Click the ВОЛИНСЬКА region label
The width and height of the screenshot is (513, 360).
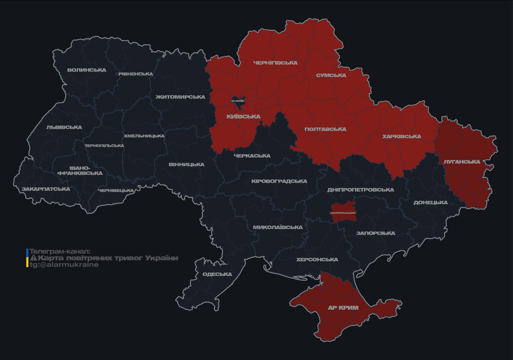click(x=87, y=70)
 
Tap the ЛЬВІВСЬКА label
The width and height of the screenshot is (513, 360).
click(x=64, y=127)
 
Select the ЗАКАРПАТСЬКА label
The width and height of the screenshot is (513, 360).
click(x=46, y=189)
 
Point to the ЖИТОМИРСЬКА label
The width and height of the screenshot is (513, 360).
click(x=181, y=97)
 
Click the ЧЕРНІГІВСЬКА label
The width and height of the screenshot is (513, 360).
click(x=275, y=63)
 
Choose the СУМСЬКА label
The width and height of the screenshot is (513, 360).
click(x=331, y=75)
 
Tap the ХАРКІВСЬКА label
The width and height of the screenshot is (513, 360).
click(x=401, y=137)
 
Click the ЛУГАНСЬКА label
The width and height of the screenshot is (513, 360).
click(x=462, y=162)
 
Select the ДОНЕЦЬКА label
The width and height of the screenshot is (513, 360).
click(x=430, y=203)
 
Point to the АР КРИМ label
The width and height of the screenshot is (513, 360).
click(x=343, y=308)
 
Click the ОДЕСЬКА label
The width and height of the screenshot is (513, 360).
click(x=217, y=275)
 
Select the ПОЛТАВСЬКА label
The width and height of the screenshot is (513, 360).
click(x=325, y=129)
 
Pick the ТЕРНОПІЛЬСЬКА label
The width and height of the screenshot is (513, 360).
click(x=104, y=146)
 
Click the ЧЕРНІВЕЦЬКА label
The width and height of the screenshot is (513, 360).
click(x=116, y=191)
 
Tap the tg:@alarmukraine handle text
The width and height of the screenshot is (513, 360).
click(x=64, y=265)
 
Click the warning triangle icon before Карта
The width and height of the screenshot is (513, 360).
click(x=33, y=258)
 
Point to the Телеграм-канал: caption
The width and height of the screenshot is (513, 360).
click(x=60, y=252)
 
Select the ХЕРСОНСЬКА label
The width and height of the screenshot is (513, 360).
click(x=317, y=260)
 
